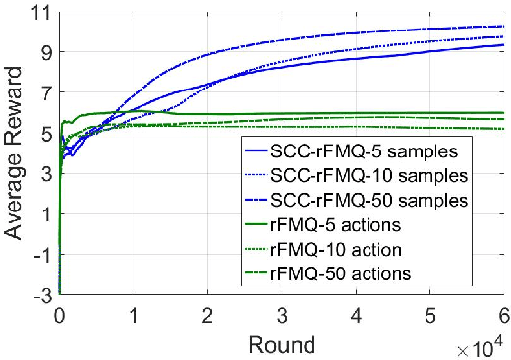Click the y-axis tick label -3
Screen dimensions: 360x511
pos(40,294)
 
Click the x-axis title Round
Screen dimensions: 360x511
pos(282,344)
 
